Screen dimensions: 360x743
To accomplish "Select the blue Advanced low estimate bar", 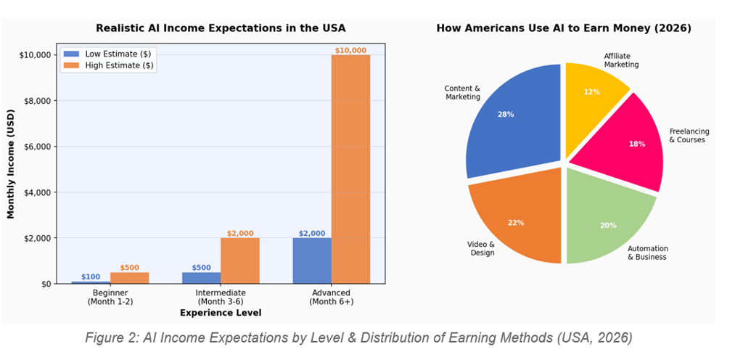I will click(312, 261).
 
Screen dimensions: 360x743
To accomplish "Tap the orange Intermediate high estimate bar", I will click(239, 261).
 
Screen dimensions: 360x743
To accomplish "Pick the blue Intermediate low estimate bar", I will click(201, 277).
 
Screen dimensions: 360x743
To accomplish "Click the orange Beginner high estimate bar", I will click(129, 278).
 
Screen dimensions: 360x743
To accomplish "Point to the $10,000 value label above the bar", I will click(350, 50).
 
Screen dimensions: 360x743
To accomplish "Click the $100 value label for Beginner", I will click(91, 277).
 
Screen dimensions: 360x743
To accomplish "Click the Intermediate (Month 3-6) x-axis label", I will click(221, 297).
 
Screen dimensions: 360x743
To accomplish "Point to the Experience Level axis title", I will click(221, 313).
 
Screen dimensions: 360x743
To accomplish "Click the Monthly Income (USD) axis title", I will click(11, 169).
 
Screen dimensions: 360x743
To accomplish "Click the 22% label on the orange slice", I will click(516, 223).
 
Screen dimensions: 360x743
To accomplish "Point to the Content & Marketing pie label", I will click(462, 92).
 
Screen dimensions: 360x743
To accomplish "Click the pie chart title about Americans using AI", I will click(563, 28).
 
